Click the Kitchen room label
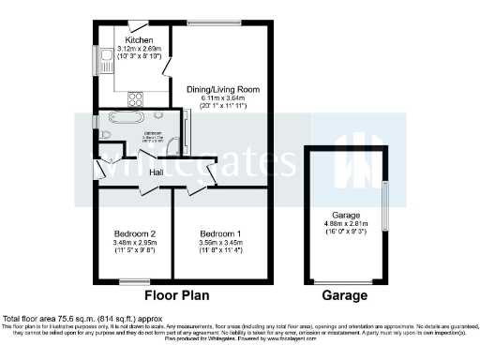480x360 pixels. point(139,40)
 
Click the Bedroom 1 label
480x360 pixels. point(220,233)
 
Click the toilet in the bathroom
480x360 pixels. point(103,133)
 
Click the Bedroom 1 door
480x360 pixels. point(196,190)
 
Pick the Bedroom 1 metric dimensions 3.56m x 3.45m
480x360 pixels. point(220,243)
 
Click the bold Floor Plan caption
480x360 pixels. point(176,295)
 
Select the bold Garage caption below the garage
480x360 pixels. point(344,295)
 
